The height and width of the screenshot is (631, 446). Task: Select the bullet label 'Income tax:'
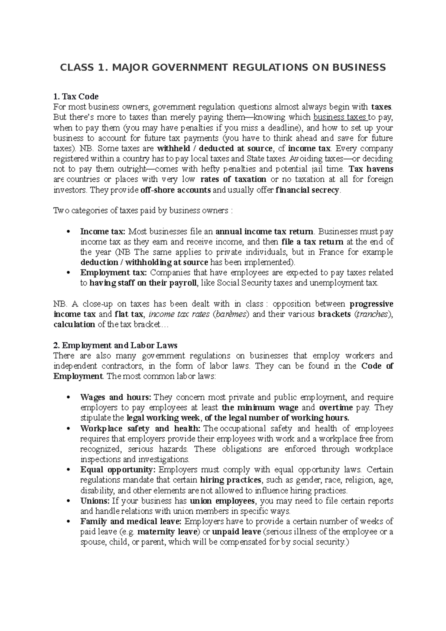click(x=103, y=232)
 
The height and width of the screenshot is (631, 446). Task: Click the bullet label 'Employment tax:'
click(x=114, y=272)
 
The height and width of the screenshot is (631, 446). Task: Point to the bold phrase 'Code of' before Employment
click(x=377, y=366)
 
